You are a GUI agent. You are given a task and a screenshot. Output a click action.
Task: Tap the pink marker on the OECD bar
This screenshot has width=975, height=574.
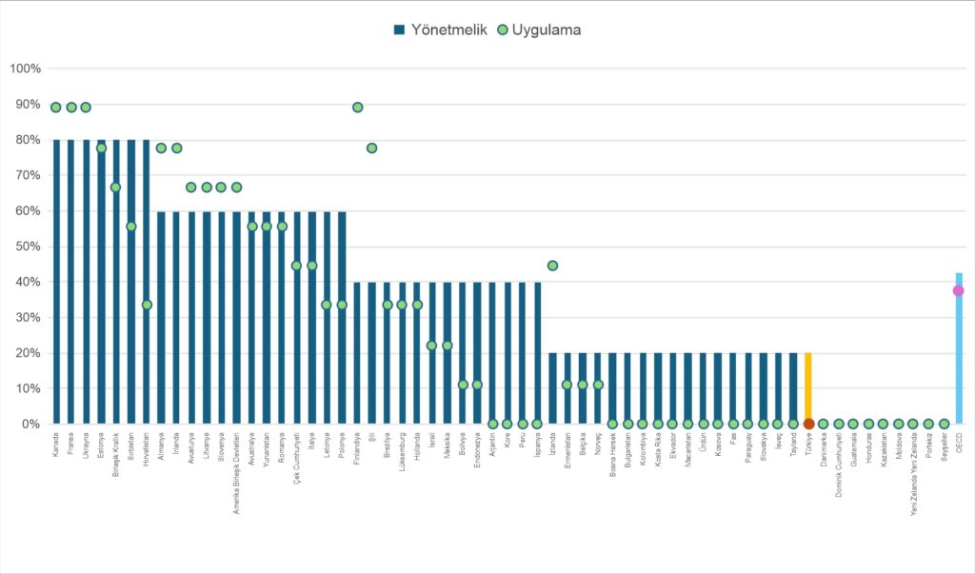(958, 290)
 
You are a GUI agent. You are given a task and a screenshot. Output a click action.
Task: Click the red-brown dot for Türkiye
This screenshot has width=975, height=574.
(808, 424)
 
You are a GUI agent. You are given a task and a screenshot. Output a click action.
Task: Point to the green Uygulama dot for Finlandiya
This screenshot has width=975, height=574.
(357, 107)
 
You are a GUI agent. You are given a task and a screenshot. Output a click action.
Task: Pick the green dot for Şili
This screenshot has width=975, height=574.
(372, 148)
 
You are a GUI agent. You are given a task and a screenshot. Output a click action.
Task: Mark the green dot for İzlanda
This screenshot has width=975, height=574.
(552, 266)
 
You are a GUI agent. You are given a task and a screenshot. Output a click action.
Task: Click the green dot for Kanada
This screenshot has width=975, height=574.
(56, 107)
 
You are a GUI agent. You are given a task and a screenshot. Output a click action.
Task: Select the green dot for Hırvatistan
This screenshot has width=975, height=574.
(147, 305)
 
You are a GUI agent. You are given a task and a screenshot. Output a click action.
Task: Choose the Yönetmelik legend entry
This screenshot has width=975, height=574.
(439, 30)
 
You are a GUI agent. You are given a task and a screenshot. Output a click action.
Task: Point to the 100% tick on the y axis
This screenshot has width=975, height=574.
(25, 69)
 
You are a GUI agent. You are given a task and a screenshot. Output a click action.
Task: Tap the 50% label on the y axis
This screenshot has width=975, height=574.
(27, 247)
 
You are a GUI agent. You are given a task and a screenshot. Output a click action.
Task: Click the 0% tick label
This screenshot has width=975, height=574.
(30, 424)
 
